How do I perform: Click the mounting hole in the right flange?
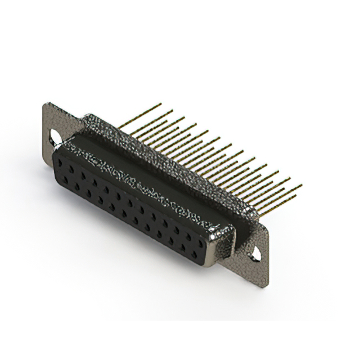(x=256, y=254)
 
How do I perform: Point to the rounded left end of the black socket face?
(x=55, y=169)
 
